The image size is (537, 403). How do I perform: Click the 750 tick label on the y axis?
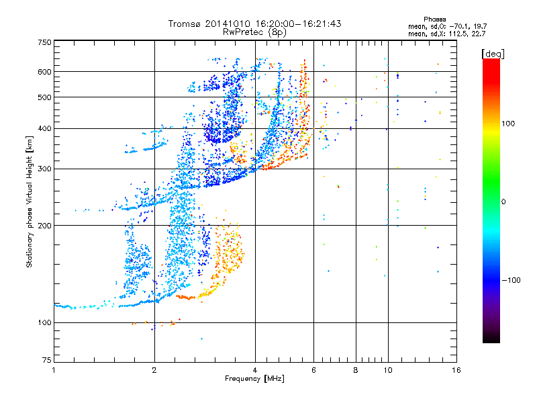tap(45, 42)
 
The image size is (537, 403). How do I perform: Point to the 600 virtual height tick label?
tap(45, 72)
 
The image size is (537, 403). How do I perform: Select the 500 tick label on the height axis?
tap(45, 97)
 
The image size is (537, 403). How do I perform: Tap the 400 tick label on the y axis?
tap(45, 129)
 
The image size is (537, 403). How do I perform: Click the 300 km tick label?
tap(45, 169)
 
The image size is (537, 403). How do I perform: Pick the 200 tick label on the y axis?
tap(45, 226)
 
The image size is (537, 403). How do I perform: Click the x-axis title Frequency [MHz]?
tap(254, 379)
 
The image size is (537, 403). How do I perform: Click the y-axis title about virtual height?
tap(30, 201)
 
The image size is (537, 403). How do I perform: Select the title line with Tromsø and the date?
tap(255, 24)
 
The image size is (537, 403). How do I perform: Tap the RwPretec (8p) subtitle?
tap(255, 32)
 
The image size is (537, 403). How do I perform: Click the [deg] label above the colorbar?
tap(493, 53)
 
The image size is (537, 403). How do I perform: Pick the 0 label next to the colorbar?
tap(505, 201)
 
